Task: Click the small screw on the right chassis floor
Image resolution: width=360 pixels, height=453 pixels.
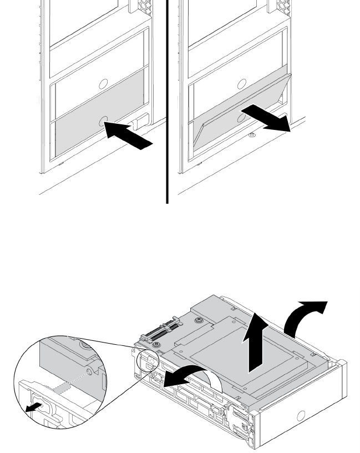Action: coord(251,134)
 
